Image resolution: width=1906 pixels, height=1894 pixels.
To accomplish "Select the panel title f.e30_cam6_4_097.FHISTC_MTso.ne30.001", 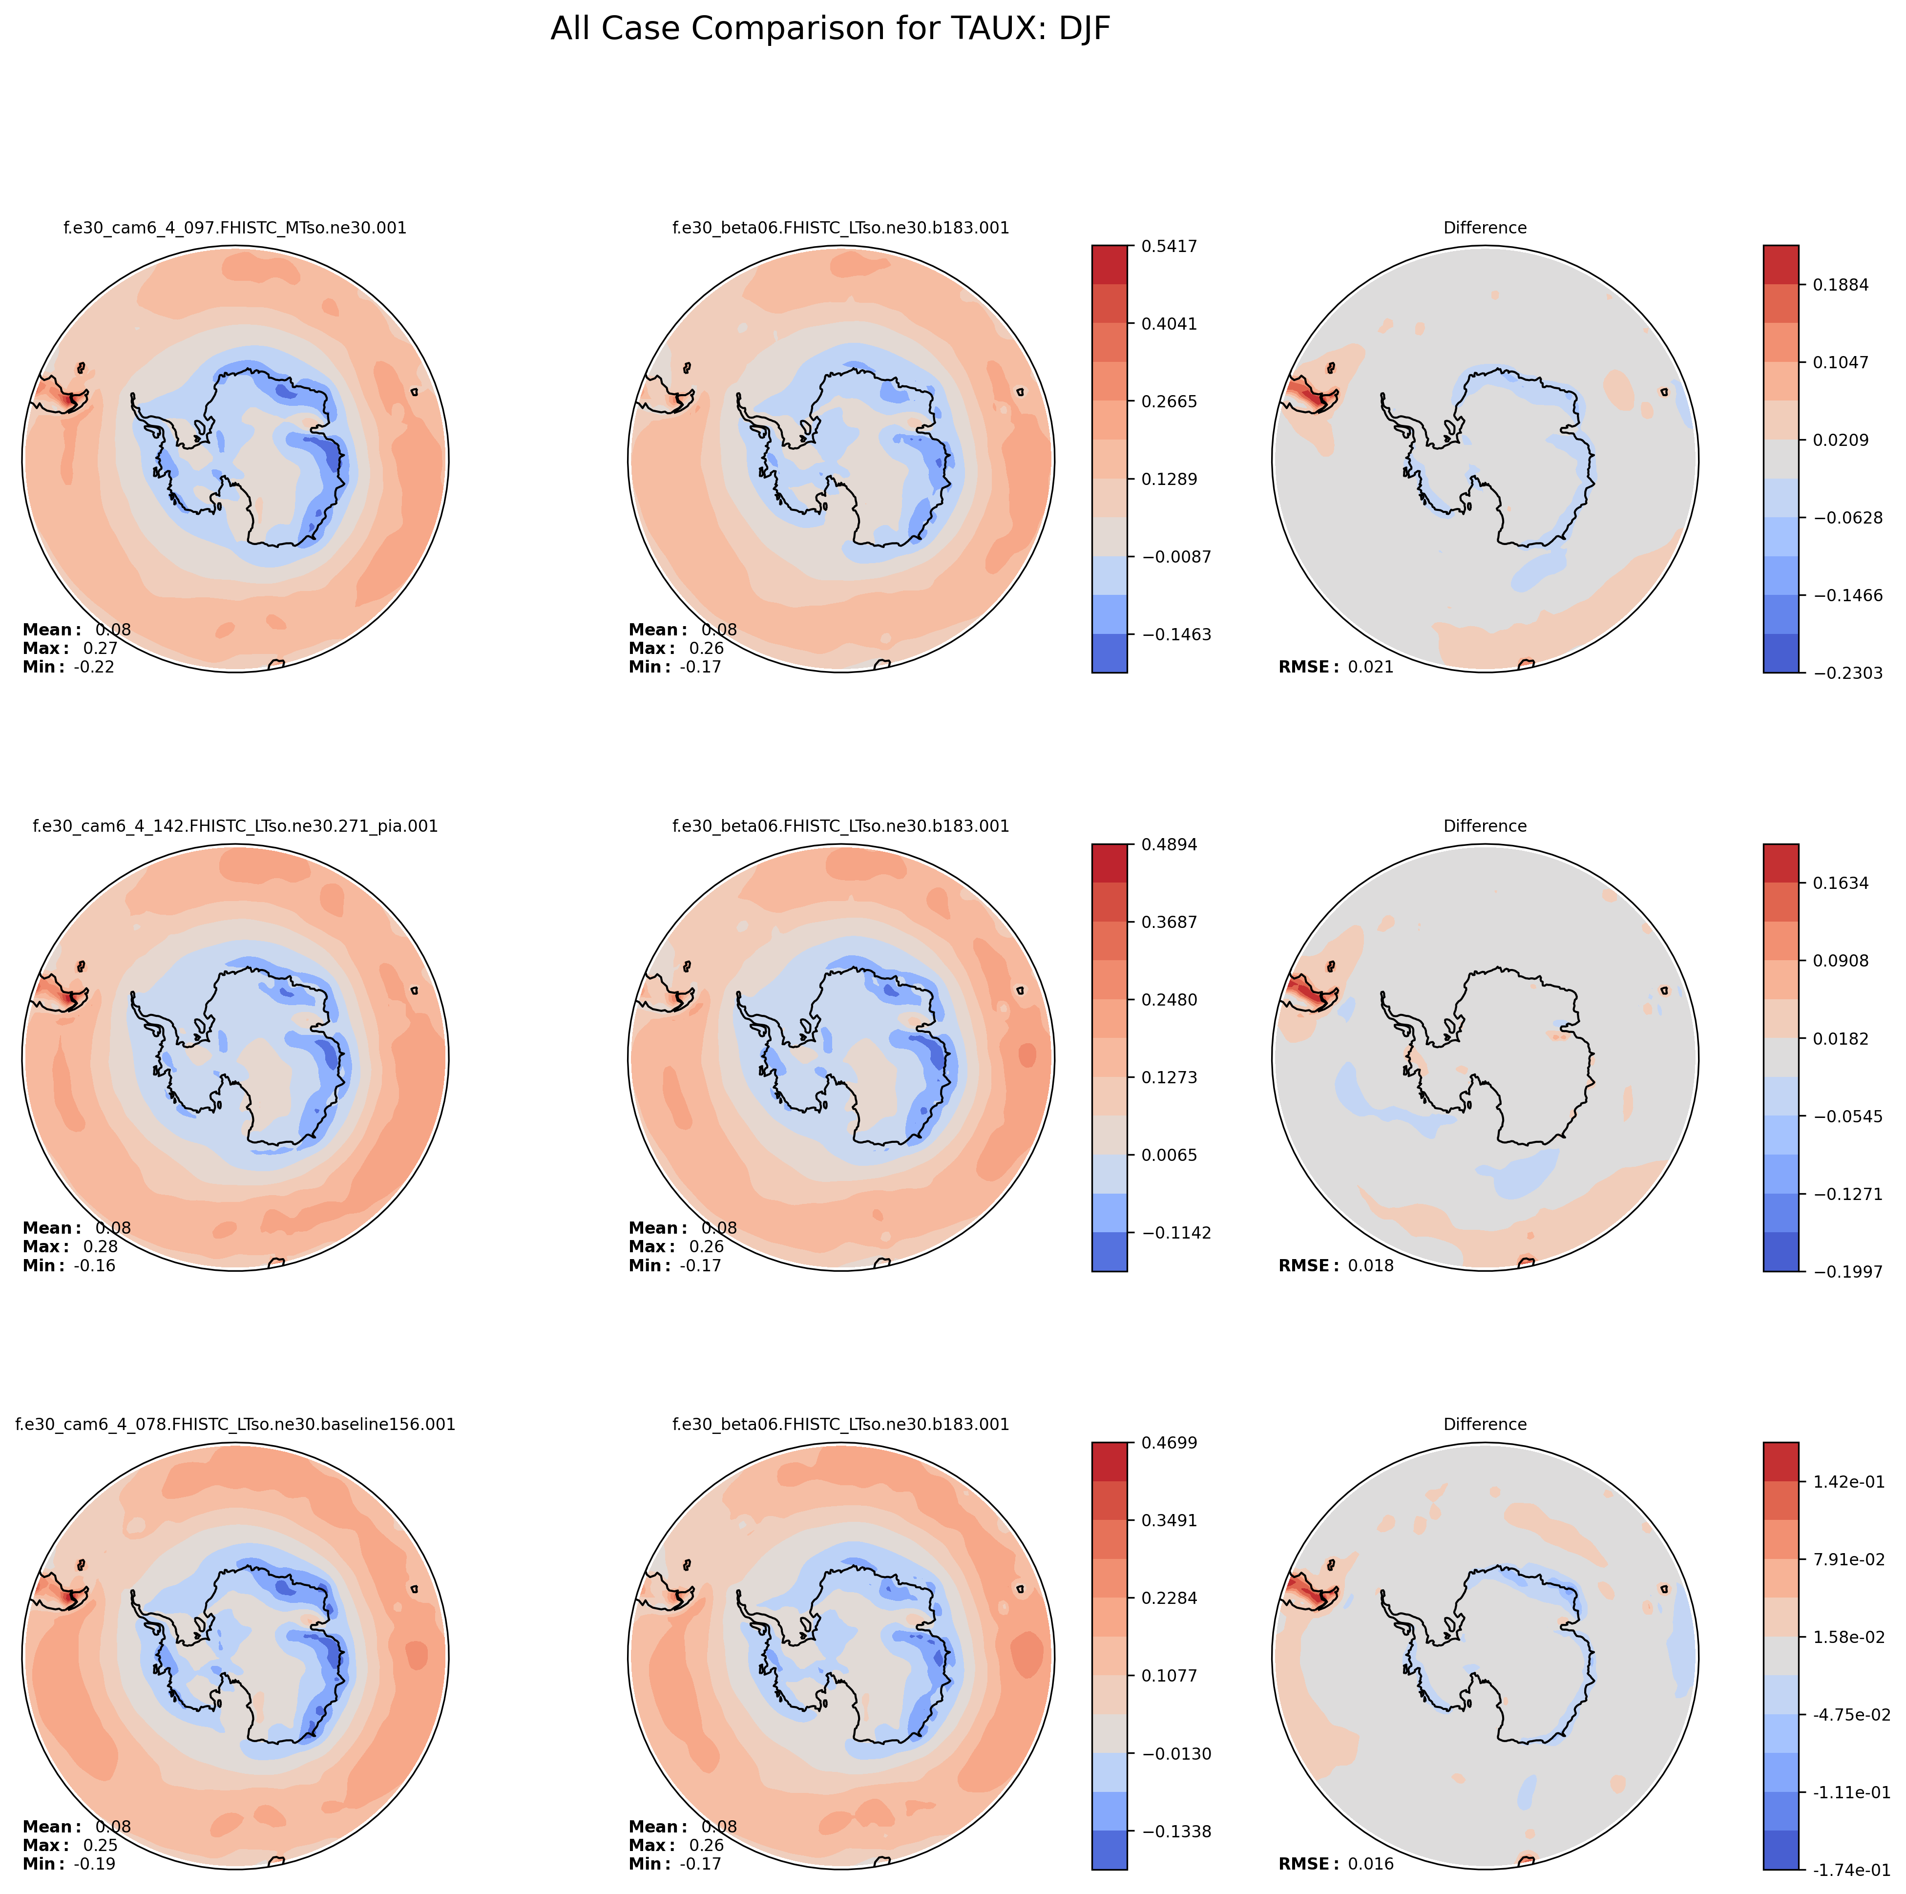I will [235, 228].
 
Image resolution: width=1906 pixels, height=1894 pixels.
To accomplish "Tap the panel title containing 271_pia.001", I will [235, 826].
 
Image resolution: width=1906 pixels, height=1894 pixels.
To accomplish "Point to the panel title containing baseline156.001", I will [235, 1425].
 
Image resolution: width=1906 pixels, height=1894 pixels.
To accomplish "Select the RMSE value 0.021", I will [1370, 667].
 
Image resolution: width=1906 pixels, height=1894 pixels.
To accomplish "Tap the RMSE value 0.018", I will [1370, 1265].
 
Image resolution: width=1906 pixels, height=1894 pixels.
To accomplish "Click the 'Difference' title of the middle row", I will [1485, 826].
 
